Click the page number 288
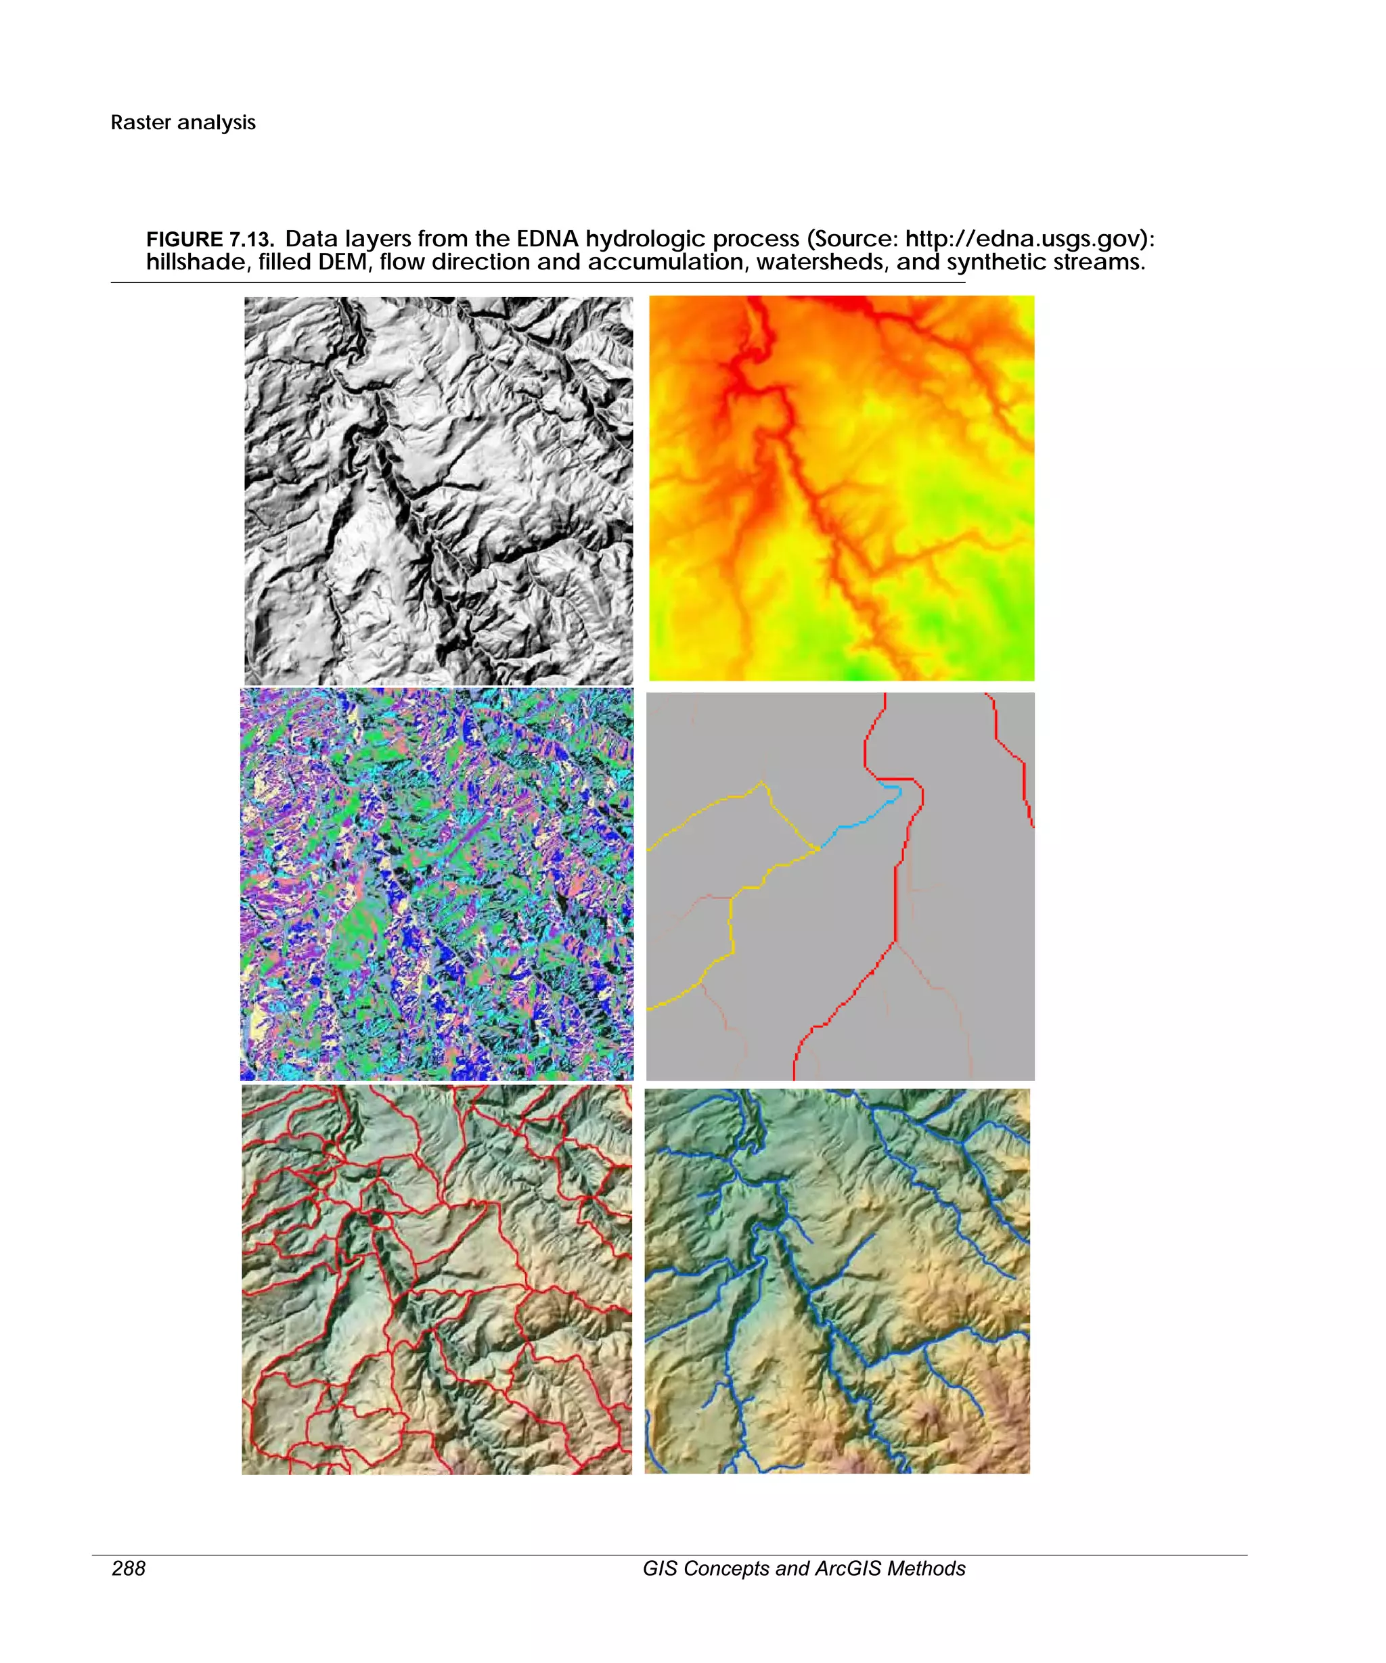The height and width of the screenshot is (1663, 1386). pyautogui.click(x=129, y=1568)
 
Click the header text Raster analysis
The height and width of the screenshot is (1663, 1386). pyautogui.click(x=183, y=122)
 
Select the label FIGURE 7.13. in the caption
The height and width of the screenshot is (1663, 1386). pyautogui.click(x=210, y=239)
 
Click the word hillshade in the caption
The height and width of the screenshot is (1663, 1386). pyautogui.click(x=196, y=262)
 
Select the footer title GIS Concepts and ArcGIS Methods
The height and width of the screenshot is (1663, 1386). pyautogui.click(x=803, y=1568)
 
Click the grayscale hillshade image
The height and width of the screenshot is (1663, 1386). pyautogui.click(x=438, y=491)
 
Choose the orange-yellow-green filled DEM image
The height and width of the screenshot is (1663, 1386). pyautogui.click(x=841, y=488)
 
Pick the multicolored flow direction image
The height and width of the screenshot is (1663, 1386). pyautogui.click(x=437, y=884)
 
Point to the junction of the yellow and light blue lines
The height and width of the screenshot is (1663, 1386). pyautogui.click(x=819, y=849)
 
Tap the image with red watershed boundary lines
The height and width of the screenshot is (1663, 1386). pyautogui.click(x=437, y=1279)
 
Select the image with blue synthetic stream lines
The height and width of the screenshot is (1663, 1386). pyautogui.click(x=836, y=1281)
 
